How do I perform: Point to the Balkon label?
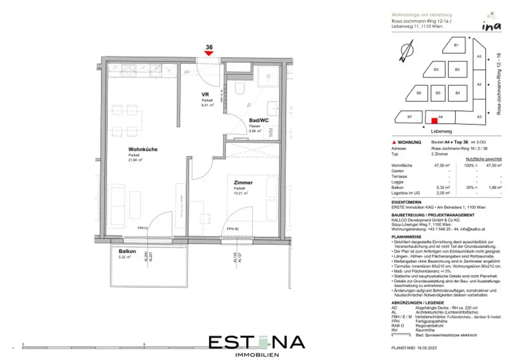tap(128, 251)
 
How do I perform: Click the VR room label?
tap(205, 94)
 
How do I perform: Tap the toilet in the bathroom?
tap(239, 89)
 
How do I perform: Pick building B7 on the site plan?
tap(410, 117)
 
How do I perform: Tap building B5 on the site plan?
tap(438, 93)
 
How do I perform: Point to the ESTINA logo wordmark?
tap(256, 342)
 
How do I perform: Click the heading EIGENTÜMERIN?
tap(408, 202)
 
